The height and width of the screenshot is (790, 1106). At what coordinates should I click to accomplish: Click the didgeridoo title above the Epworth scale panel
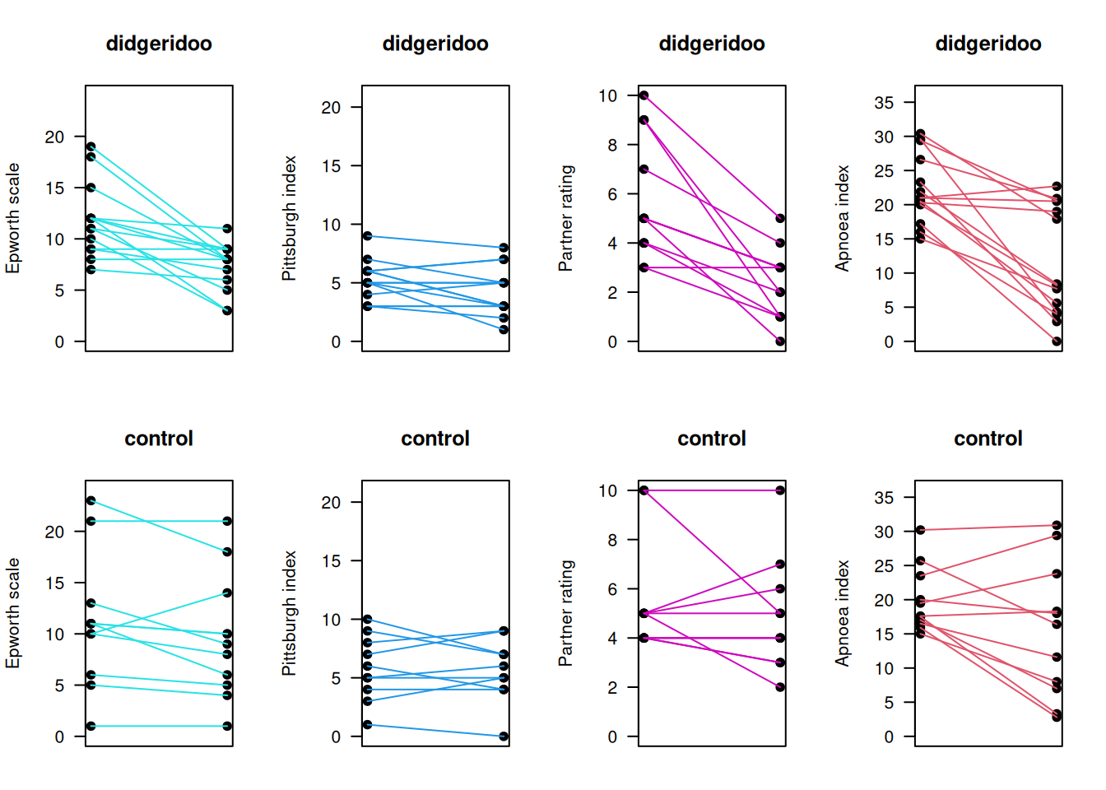pyautogui.click(x=159, y=44)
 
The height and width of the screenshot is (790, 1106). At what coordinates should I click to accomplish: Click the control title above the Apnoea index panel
pyautogui.click(x=987, y=439)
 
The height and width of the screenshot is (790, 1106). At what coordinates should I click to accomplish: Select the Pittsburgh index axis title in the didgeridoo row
pyautogui.click(x=289, y=218)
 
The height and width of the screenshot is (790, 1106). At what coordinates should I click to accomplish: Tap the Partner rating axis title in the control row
pyautogui.click(x=565, y=613)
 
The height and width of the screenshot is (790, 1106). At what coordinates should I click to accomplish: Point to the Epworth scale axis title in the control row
pyautogui.click(x=12, y=613)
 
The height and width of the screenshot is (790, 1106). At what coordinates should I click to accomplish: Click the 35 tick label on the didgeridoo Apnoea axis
pyautogui.click(x=883, y=103)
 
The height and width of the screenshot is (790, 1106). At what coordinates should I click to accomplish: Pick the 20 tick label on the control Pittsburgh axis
pyautogui.click(x=330, y=502)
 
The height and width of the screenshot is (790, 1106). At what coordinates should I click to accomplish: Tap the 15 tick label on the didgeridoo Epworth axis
pyautogui.click(x=54, y=188)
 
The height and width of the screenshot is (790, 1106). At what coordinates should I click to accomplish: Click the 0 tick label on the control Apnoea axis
pyautogui.click(x=888, y=737)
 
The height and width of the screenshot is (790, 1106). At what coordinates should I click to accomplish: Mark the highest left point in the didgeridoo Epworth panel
pyautogui.click(x=91, y=146)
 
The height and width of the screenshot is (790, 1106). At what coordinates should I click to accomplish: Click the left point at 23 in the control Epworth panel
pyautogui.click(x=91, y=500)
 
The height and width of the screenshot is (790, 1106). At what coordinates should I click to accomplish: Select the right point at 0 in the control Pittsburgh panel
pyautogui.click(x=504, y=737)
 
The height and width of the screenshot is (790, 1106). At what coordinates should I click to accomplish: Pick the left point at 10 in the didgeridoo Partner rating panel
pyautogui.click(x=644, y=95)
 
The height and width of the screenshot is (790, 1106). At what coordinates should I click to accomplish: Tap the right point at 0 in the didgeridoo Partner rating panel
pyautogui.click(x=780, y=342)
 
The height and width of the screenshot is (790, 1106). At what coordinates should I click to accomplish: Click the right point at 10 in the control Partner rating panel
pyautogui.click(x=780, y=490)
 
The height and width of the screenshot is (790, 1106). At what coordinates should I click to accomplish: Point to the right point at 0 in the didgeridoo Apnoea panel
pyautogui.click(x=1057, y=342)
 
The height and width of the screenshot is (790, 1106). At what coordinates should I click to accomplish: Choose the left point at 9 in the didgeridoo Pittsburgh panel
pyautogui.click(x=367, y=236)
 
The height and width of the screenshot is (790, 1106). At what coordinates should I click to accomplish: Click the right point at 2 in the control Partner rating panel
pyautogui.click(x=780, y=687)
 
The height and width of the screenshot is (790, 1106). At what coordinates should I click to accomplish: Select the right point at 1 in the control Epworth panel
pyautogui.click(x=227, y=726)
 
